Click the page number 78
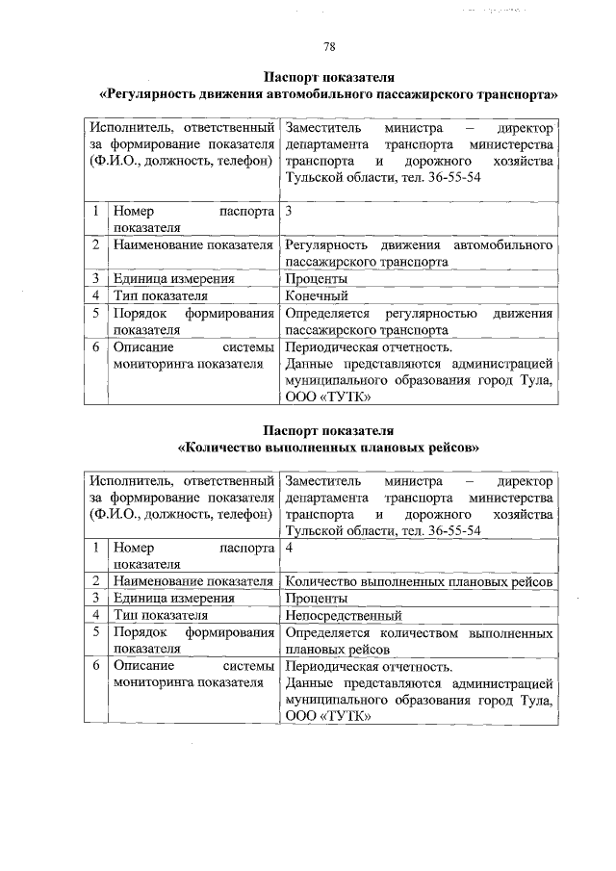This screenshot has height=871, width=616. [329, 47]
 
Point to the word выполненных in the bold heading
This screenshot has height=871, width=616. [323, 448]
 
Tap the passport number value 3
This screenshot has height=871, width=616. [290, 210]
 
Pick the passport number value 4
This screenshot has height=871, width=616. [290, 547]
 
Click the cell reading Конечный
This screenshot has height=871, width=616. [317, 296]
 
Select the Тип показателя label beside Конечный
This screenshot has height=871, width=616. [160, 296]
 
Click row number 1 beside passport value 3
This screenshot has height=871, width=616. [96, 210]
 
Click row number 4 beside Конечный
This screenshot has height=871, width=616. [96, 296]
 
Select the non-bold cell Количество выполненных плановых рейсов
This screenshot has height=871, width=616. [419, 581]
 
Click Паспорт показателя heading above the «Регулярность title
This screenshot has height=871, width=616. [329, 78]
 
